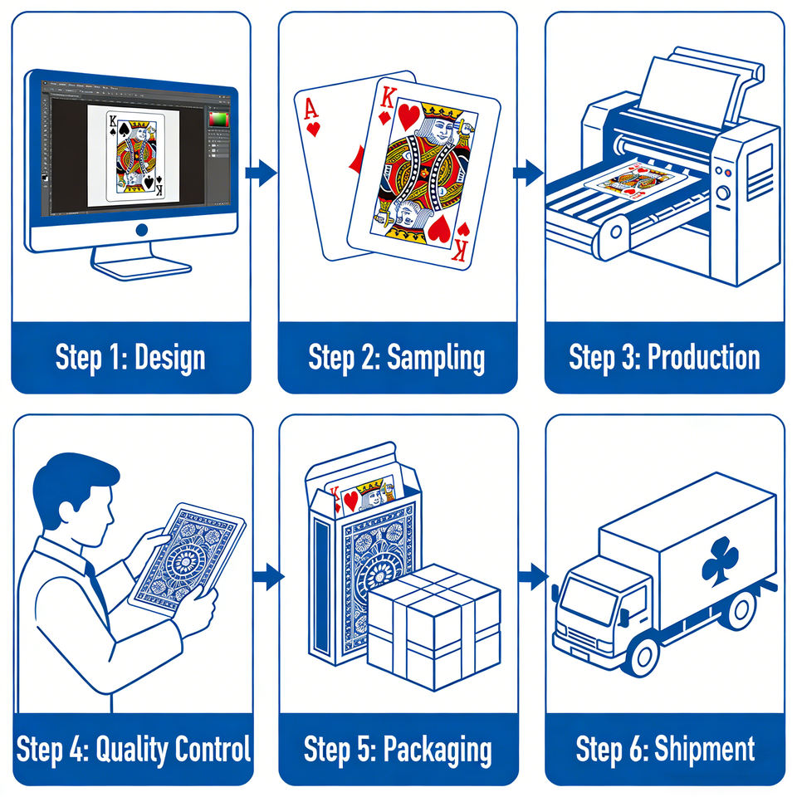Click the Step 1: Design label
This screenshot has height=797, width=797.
130,358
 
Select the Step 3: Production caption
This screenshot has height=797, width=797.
664,357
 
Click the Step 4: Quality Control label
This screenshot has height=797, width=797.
133,749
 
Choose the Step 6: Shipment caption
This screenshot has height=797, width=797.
665,749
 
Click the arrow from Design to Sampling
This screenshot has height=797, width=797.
262,173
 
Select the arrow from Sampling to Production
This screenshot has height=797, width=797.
528,173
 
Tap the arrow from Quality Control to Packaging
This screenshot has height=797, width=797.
267,578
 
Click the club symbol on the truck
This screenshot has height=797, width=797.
720,560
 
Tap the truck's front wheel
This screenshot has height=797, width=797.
640,651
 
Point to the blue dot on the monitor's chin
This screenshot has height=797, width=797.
141,230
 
